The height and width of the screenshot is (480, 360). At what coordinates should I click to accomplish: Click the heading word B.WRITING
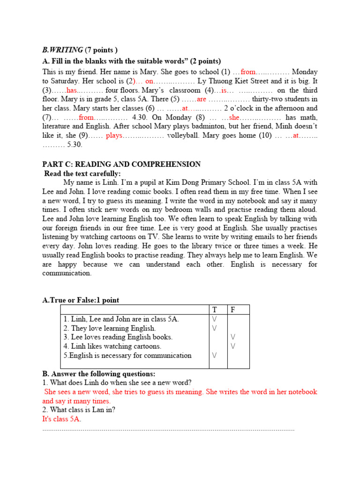click(63, 50)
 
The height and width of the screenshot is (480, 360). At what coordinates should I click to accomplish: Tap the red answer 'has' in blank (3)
click(72, 90)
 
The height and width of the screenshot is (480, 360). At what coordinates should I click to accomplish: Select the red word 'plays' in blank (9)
click(114, 135)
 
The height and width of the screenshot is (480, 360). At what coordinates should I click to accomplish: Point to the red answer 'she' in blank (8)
click(234, 117)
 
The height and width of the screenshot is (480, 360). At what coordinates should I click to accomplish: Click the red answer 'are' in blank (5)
click(202, 99)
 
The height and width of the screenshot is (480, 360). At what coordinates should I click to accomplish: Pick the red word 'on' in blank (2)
click(150, 81)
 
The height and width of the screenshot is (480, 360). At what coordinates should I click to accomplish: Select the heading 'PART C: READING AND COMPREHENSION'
click(121, 164)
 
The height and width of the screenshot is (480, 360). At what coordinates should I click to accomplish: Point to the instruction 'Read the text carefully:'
click(82, 173)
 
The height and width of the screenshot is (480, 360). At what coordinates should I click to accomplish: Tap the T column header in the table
click(215, 310)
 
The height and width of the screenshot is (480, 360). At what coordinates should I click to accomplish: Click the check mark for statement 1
click(215, 319)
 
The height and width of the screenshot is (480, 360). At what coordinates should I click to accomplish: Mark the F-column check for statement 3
click(233, 337)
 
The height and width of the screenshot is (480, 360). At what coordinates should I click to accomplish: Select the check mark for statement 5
click(215, 355)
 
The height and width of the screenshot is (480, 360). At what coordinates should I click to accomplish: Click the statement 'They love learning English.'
click(110, 328)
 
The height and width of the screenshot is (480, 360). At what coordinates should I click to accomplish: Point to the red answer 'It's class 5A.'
click(62, 419)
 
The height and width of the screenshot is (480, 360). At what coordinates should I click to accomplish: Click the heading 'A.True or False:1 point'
click(81, 300)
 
